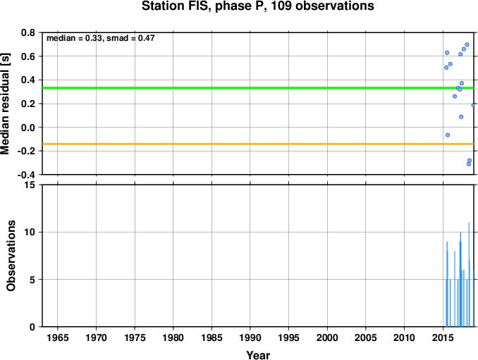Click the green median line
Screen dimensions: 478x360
point(258,88)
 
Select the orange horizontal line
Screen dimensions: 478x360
point(258,144)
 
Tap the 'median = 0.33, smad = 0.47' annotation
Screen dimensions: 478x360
point(101,38)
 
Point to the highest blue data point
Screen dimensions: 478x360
point(467,45)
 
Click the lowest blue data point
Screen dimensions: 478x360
point(469,164)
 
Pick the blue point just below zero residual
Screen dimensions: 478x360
point(448,135)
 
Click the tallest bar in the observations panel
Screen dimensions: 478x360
point(469,275)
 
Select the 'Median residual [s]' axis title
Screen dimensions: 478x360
point(5,104)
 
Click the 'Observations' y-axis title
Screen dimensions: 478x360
point(11,256)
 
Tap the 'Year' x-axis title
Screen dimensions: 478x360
point(258,355)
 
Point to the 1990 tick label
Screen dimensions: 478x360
point(250,337)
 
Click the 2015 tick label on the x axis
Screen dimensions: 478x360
point(443,337)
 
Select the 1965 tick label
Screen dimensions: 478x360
point(58,337)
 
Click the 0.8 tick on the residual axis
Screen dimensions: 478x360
point(28,32)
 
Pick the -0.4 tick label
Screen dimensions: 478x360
point(26,175)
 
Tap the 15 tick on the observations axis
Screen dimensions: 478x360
point(30,185)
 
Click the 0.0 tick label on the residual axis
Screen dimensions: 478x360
point(28,128)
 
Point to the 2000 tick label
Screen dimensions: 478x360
point(327,337)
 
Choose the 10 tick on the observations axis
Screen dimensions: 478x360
point(30,232)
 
